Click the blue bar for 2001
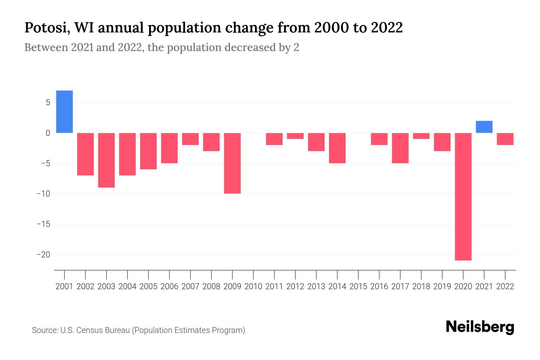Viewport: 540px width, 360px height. (x=64, y=112)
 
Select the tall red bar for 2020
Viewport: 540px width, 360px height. (x=463, y=196)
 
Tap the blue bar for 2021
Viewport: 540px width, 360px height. (x=484, y=127)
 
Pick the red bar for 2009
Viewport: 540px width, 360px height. (x=232, y=163)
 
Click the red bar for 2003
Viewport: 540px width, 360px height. (x=106, y=160)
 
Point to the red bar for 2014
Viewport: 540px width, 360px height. (x=337, y=148)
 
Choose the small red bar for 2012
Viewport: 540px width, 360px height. (x=295, y=136)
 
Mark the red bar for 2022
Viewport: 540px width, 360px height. (x=505, y=139)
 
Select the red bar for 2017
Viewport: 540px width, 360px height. (x=400, y=148)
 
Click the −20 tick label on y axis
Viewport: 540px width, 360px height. (x=43, y=255)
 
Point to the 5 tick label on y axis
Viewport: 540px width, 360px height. (x=48, y=103)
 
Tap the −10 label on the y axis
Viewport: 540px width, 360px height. (x=43, y=194)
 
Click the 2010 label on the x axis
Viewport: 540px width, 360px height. (x=253, y=286)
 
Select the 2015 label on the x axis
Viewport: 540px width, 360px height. (x=358, y=286)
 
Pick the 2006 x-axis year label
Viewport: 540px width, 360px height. (x=169, y=286)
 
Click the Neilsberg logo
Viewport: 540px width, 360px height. (x=480, y=327)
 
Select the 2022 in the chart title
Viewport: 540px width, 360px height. (x=387, y=28)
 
